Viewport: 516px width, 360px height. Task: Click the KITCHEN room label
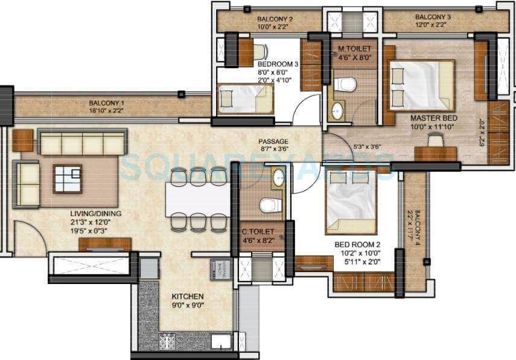pos(187,297)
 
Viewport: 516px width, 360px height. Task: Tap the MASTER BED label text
pos(433,118)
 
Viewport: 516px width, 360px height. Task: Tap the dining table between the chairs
pos(197,199)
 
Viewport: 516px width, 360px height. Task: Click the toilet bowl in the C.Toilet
pos(270,205)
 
